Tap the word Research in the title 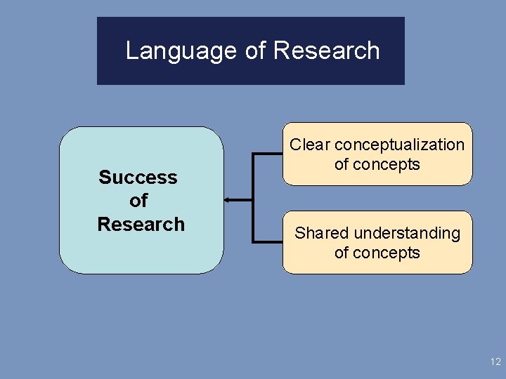[x=327, y=51]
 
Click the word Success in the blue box [x=138, y=177]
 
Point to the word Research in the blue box [x=141, y=224]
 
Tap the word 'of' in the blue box [x=138, y=201]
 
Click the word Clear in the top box [x=310, y=145]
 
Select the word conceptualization [x=399, y=145]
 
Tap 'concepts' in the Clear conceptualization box [x=387, y=165]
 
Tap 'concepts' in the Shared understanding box [x=387, y=253]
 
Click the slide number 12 [x=495, y=361]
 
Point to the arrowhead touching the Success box [x=228, y=200]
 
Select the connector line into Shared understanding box [x=268, y=242]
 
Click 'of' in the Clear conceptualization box [x=342, y=165]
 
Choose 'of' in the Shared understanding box [x=342, y=253]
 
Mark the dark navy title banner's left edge [x=98, y=51]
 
